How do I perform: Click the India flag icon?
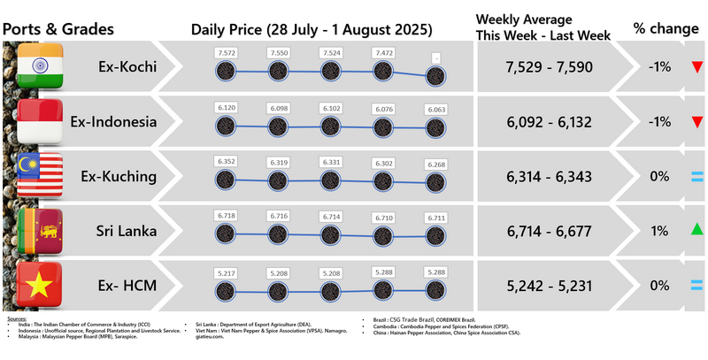tap(39, 67)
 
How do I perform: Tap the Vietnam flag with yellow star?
tap(39, 285)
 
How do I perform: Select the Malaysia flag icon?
tap(39, 176)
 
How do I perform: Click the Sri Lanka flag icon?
tap(39, 231)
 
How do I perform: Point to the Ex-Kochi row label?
tap(125, 66)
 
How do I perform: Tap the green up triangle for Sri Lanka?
tap(697, 231)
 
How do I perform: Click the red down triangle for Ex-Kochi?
tap(697, 67)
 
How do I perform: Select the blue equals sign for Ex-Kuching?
tap(697, 177)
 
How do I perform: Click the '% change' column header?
tap(666, 27)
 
